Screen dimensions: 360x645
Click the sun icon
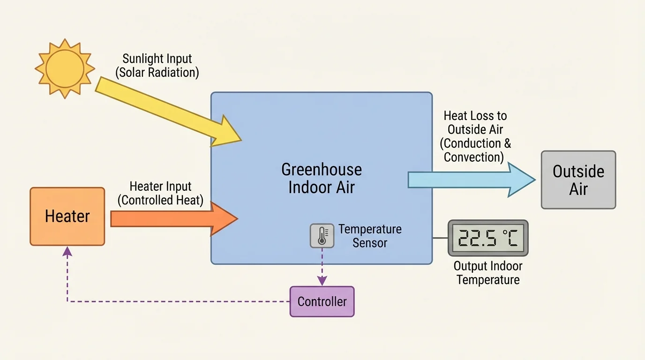coord(65,68)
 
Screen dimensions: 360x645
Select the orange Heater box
coord(67,217)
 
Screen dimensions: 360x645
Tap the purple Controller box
coord(322,301)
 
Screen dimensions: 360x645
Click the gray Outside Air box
coord(578,180)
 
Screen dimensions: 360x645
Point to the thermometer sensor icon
coord(322,235)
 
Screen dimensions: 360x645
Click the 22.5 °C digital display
coord(487,238)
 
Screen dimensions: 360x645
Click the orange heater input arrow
coord(173,218)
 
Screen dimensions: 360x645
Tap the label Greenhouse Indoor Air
coord(322,178)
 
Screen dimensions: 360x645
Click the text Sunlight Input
coord(157,59)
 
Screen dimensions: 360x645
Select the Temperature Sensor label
coord(370,236)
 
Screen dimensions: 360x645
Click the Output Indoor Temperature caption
coord(488,273)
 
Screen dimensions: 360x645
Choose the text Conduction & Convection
coord(475,150)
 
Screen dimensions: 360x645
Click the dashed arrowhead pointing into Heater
coord(67,251)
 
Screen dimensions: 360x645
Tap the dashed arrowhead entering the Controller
coord(322,281)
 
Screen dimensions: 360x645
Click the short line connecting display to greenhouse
coord(439,238)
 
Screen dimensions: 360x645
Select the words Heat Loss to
coord(475,116)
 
